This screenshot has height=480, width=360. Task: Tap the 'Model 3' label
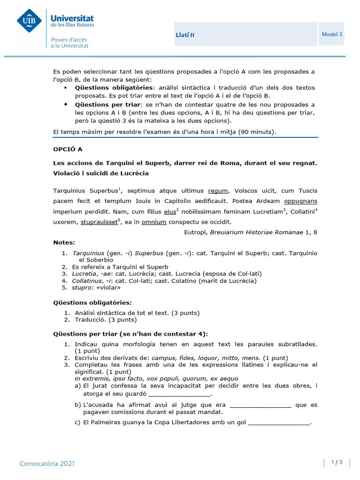click(x=332, y=34)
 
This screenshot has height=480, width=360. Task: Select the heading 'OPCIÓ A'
click(x=68, y=149)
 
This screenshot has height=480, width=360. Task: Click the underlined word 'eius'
click(x=170, y=211)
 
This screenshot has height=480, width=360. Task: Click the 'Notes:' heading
click(x=64, y=242)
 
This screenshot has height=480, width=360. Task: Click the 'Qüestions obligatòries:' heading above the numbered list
click(x=93, y=303)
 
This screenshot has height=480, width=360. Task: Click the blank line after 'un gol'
click(x=279, y=422)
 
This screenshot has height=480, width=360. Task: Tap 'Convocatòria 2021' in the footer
click(x=47, y=464)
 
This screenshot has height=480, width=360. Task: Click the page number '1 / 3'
click(x=337, y=463)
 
